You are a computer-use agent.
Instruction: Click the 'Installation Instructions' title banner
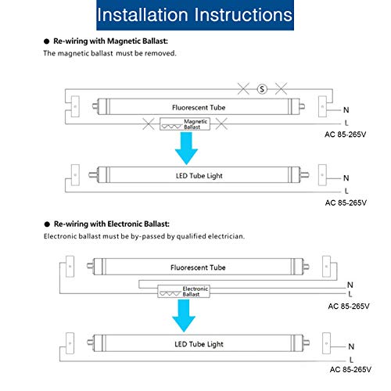pyautogui.click(x=195, y=15)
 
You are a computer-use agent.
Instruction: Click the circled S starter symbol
pyautogui.click(x=262, y=89)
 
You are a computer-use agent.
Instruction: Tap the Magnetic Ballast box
pyautogui.click(x=185, y=124)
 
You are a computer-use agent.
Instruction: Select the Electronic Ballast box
pyautogui.click(x=184, y=292)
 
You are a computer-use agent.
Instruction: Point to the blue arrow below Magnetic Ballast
pyautogui.click(x=186, y=148)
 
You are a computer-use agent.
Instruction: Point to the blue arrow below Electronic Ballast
pyautogui.click(x=184, y=315)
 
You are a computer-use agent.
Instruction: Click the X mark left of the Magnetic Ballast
pyautogui.click(x=149, y=124)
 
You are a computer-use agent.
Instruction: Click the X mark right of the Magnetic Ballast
pyautogui.click(x=221, y=124)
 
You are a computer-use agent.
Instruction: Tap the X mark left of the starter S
pyautogui.click(x=243, y=89)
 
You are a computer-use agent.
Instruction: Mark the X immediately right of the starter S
pyautogui.click(x=281, y=89)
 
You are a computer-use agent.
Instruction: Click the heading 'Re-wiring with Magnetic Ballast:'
pyautogui.click(x=110, y=41)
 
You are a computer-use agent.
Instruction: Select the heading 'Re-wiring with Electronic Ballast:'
pyautogui.click(x=112, y=224)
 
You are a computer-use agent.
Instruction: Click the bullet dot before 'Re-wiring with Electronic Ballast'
pyautogui.click(x=47, y=224)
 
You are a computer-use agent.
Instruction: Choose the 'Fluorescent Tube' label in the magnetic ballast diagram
pyautogui.click(x=199, y=107)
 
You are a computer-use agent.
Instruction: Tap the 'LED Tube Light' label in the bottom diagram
pyautogui.click(x=199, y=344)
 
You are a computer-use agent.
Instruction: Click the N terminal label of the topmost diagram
pyautogui.click(x=346, y=110)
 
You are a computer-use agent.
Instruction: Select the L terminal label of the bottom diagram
pyautogui.click(x=351, y=360)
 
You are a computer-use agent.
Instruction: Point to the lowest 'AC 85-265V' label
pyautogui.click(x=350, y=370)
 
